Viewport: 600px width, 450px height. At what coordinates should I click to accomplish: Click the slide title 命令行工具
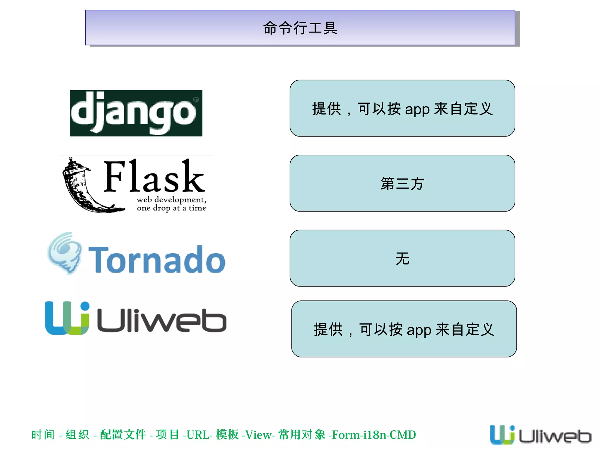tap(300, 28)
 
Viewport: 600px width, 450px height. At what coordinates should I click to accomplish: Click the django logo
tap(136, 113)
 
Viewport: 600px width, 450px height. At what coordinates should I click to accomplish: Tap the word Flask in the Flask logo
tap(154, 177)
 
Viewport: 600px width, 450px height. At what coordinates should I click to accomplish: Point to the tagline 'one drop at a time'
tap(171, 208)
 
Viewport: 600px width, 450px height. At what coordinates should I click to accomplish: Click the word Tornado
tap(157, 260)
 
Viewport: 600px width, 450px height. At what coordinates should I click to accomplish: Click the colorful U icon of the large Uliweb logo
tap(67, 318)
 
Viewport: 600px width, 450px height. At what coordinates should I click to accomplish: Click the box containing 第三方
tap(402, 183)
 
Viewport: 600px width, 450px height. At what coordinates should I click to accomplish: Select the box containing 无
tap(402, 258)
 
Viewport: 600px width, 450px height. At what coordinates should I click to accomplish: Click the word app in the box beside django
tap(417, 110)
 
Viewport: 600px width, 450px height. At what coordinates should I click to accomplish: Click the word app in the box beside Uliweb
tap(419, 330)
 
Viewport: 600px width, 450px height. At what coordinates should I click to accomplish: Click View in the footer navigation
tap(258, 435)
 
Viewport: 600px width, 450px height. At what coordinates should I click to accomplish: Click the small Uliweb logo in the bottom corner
tap(540, 435)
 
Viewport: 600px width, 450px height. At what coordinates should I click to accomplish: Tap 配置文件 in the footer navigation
tap(123, 435)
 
